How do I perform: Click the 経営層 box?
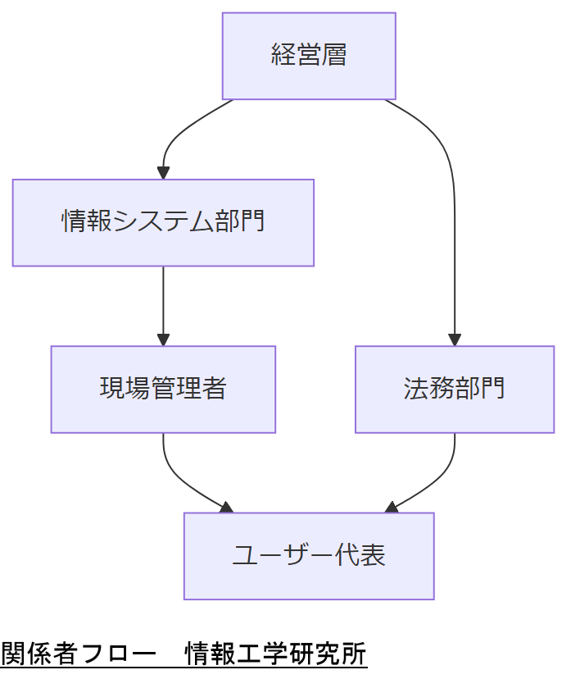[309, 56]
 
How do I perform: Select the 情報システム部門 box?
[163, 222]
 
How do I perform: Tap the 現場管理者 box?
[163, 389]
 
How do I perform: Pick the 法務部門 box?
[455, 389]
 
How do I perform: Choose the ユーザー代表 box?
[309, 556]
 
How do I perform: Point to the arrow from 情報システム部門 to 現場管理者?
[163, 303]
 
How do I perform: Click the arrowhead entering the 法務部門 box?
[455, 339]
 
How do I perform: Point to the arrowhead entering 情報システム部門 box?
[163, 173]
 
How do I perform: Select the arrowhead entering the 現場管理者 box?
[163, 339]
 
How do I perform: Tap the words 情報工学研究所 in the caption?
[276, 654]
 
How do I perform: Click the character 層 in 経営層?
[334, 56]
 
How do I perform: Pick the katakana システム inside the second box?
[163, 222]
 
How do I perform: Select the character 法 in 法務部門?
[416, 389]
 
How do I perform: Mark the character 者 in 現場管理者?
[214, 389]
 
